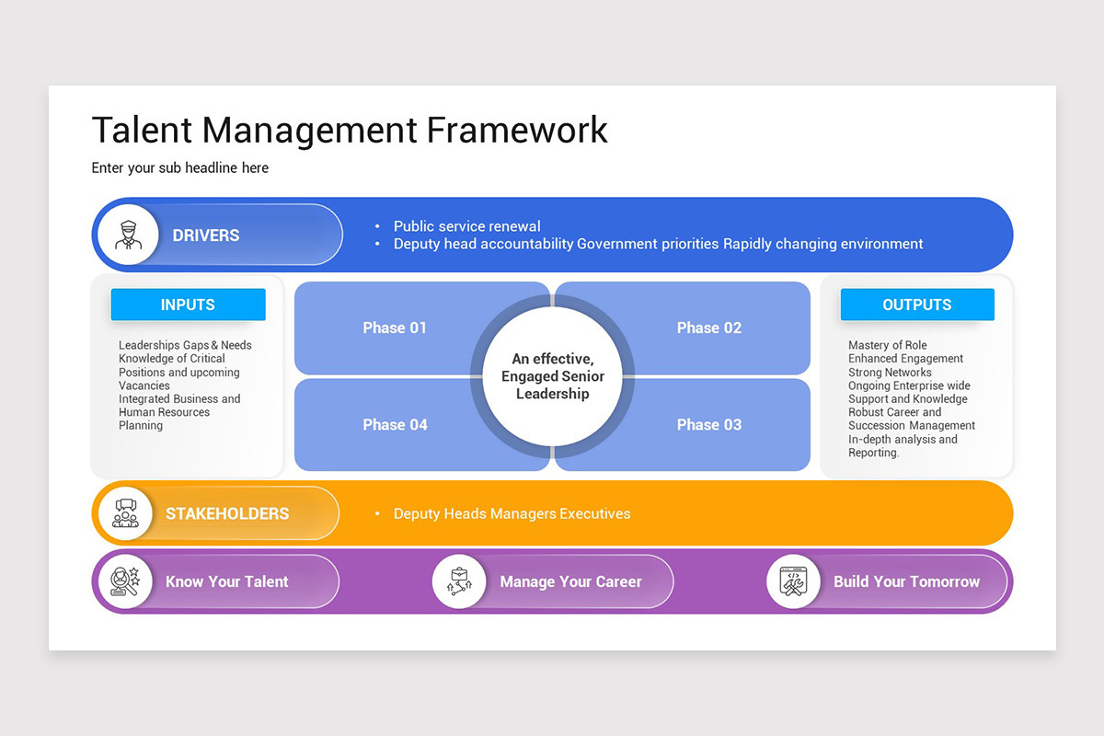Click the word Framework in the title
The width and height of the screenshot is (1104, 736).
tap(517, 130)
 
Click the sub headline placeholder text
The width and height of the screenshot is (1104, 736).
tap(180, 167)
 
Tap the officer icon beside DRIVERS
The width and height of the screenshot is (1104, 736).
tap(128, 235)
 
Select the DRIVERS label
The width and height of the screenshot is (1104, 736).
tap(206, 236)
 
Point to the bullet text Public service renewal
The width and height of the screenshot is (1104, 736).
tap(466, 226)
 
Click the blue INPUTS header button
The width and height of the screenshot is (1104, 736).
tap(188, 305)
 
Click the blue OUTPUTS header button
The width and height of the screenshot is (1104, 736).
tap(916, 305)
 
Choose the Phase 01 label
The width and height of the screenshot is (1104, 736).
tap(395, 328)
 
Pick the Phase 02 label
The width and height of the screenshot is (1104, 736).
tap(708, 328)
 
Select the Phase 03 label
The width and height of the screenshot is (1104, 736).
tap(708, 425)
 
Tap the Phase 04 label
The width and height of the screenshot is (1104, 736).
tap(395, 425)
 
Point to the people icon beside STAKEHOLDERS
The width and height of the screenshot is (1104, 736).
tap(125, 513)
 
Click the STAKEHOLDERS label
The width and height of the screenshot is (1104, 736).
tap(227, 514)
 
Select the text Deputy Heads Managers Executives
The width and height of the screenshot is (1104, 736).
tap(512, 514)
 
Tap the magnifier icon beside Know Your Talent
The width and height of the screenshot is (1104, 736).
tap(125, 581)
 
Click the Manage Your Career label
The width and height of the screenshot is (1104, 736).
tap(570, 581)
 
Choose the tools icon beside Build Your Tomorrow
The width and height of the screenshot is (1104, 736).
tap(793, 581)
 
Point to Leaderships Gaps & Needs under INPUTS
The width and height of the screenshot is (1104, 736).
tap(185, 345)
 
